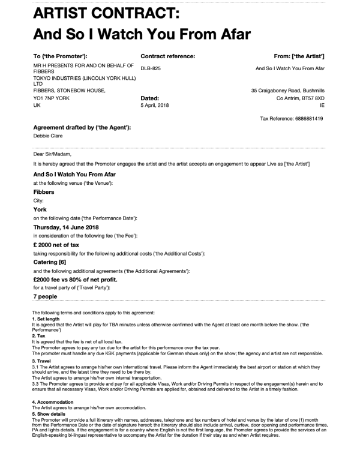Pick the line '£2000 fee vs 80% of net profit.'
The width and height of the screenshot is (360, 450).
pos(75,280)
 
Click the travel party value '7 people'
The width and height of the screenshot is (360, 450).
pos(45,296)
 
